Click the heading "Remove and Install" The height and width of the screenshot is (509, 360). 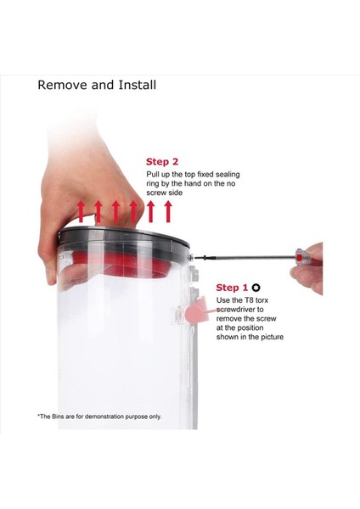click(97, 85)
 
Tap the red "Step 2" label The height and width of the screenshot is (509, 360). click(162, 162)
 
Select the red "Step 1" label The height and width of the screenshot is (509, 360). click(232, 288)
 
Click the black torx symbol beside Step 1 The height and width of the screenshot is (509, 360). click(256, 288)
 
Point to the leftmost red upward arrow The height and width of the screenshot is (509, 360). click(82, 211)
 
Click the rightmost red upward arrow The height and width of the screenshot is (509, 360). click(168, 211)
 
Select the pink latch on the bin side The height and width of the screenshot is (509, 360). click(195, 310)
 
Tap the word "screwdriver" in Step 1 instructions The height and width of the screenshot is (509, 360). click(239, 310)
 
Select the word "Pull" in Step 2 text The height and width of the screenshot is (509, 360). click(152, 174)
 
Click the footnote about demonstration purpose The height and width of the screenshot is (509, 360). click(99, 417)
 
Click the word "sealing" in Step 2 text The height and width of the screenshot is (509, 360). click(228, 175)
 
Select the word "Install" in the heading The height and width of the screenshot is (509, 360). click(137, 85)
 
